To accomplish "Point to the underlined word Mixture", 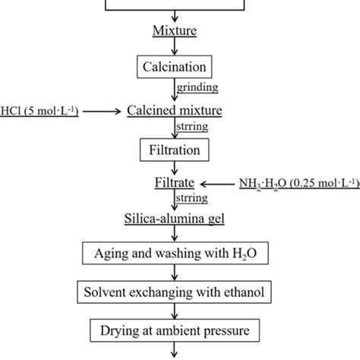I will pyautogui.click(x=175, y=33).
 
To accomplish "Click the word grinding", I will pyautogui.click(x=196, y=88).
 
